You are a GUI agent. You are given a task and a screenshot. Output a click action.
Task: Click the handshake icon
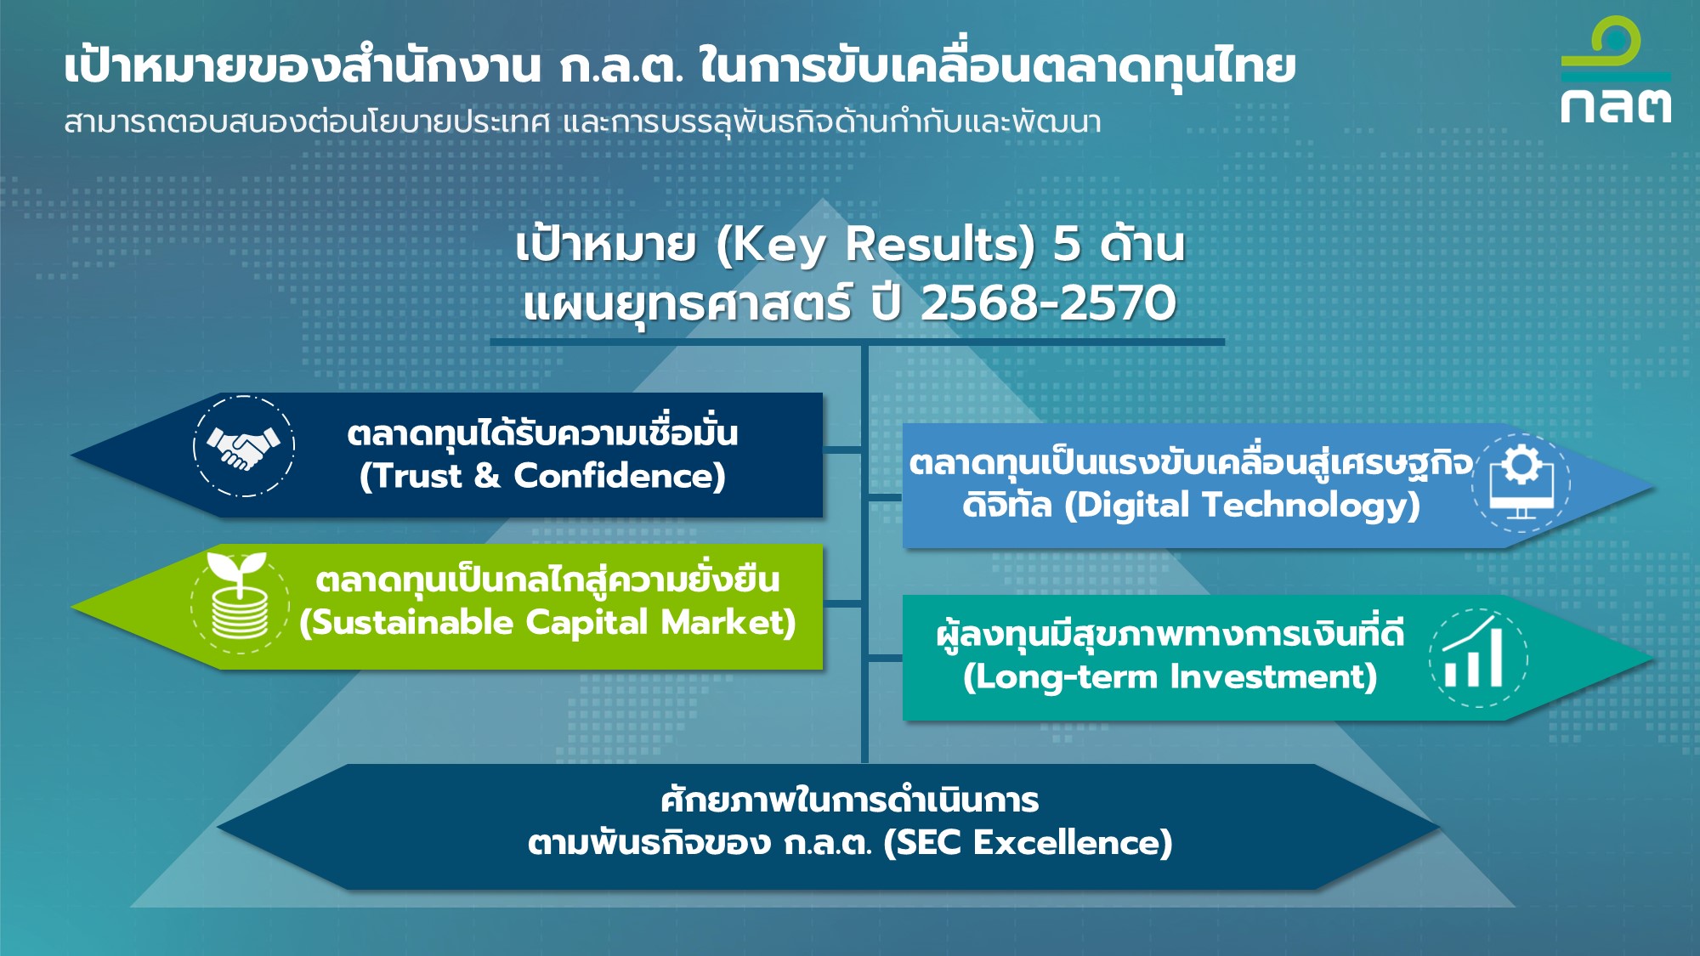pyautogui.click(x=244, y=447)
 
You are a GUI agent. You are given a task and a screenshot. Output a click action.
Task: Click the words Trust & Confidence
pyautogui.click(x=542, y=477)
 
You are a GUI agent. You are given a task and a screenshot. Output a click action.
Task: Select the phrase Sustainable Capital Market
pyautogui.click(x=547, y=623)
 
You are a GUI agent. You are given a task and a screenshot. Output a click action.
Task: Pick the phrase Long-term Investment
pyautogui.click(x=1170, y=677)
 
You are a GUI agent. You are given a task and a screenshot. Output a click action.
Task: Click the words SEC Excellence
pyautogui.click(x=1028, y=843)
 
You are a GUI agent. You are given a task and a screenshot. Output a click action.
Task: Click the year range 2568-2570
pyautogui.click(x=1048, y=303)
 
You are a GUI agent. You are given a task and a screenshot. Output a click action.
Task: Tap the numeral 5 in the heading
pyautogui.click(x=1067, y=245)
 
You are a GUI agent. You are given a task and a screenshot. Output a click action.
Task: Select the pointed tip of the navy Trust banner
pyautogui.click(x=71, y=455)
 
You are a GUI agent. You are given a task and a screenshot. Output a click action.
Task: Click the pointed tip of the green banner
pyautogui.click(x=71, y=607)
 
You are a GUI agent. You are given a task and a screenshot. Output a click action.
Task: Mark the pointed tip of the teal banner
pyautogui.click(x=1654, y=658)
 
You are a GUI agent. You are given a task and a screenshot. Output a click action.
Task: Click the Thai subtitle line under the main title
pyautogui.click(x=582, y=122)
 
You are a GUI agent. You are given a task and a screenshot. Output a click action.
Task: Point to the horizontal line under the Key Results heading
pyautogui.click(x=857, y=342)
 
